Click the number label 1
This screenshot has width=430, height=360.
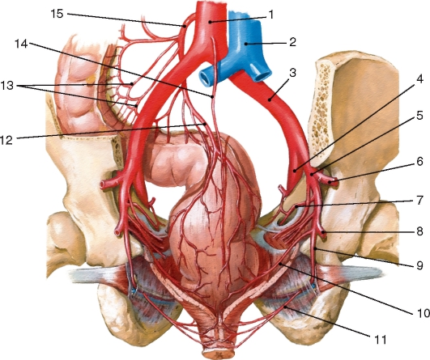pyautogui.click(x=271, y=15)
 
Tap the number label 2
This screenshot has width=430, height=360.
pyautogui.click(x=292, y=42)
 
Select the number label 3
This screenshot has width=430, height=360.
pyautogui.click(x=292, y=73)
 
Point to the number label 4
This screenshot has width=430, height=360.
pyautogui.click(x=419, y=79)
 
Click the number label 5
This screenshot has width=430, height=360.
pyautogui.click(x=419, y=116)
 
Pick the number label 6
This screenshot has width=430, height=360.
pyautogui.click(x=419, y=161)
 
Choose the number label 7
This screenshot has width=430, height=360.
pyautogui.click(x=419, y=201)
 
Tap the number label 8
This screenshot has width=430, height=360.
pyautogui.click(x=419, y=231)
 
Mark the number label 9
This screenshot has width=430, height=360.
pyautogui.click(x=419, y=265)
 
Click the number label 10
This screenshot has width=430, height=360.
pyautogui.click(x=423, y=312)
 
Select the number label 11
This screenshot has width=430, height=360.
pyautogui.click(x=380, y=340)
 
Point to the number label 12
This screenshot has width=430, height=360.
pyautogui.click(x=6, y=140)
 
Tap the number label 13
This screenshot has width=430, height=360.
pyautogui.click(x=6, y=86)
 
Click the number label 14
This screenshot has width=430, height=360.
pyautogui.click(x=21, y=44)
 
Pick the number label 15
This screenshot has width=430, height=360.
pyautogui.click(x=57, y=14)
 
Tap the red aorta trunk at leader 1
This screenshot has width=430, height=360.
pyautogui.click(x=211, y=22)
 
